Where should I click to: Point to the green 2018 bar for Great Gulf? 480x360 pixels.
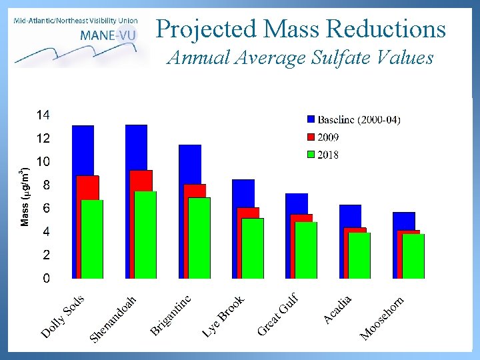(x=306, y=250)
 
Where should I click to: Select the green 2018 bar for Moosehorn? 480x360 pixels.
(x=413, y=256)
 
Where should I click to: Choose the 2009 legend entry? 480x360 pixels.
(x=328, y=137)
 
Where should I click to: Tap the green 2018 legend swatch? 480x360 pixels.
(x=311, y=155)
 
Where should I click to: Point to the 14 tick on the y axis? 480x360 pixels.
(x=43, y=115)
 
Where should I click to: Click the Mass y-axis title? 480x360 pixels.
(x=25, y=197)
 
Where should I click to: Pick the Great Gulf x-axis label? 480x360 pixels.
(x=277, y=314)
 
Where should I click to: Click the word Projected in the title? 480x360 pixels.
(x=207, y=29)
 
